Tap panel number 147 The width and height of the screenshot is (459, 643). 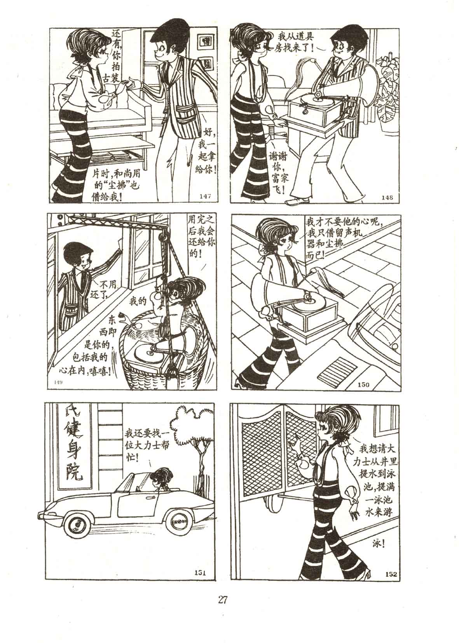[x=205, y=196]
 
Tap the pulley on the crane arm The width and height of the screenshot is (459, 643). [x=163, y=237]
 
